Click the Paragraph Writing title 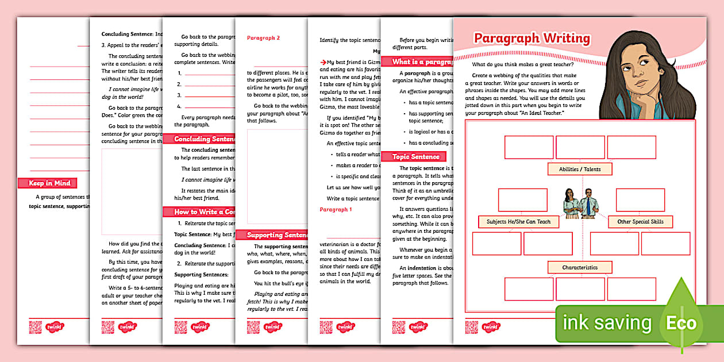[x=532, y=38]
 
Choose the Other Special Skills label [x=640, y=222]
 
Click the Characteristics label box [x=579, y=267]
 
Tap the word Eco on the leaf [x=681, y=323]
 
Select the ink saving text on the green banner [x=607, y=323]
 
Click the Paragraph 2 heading [x=263, y=38]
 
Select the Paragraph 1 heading [x=336, y=210]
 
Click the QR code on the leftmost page [x=35, y=327]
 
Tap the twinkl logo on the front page [x=490, y=327]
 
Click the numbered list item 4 [x=180, y=106]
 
